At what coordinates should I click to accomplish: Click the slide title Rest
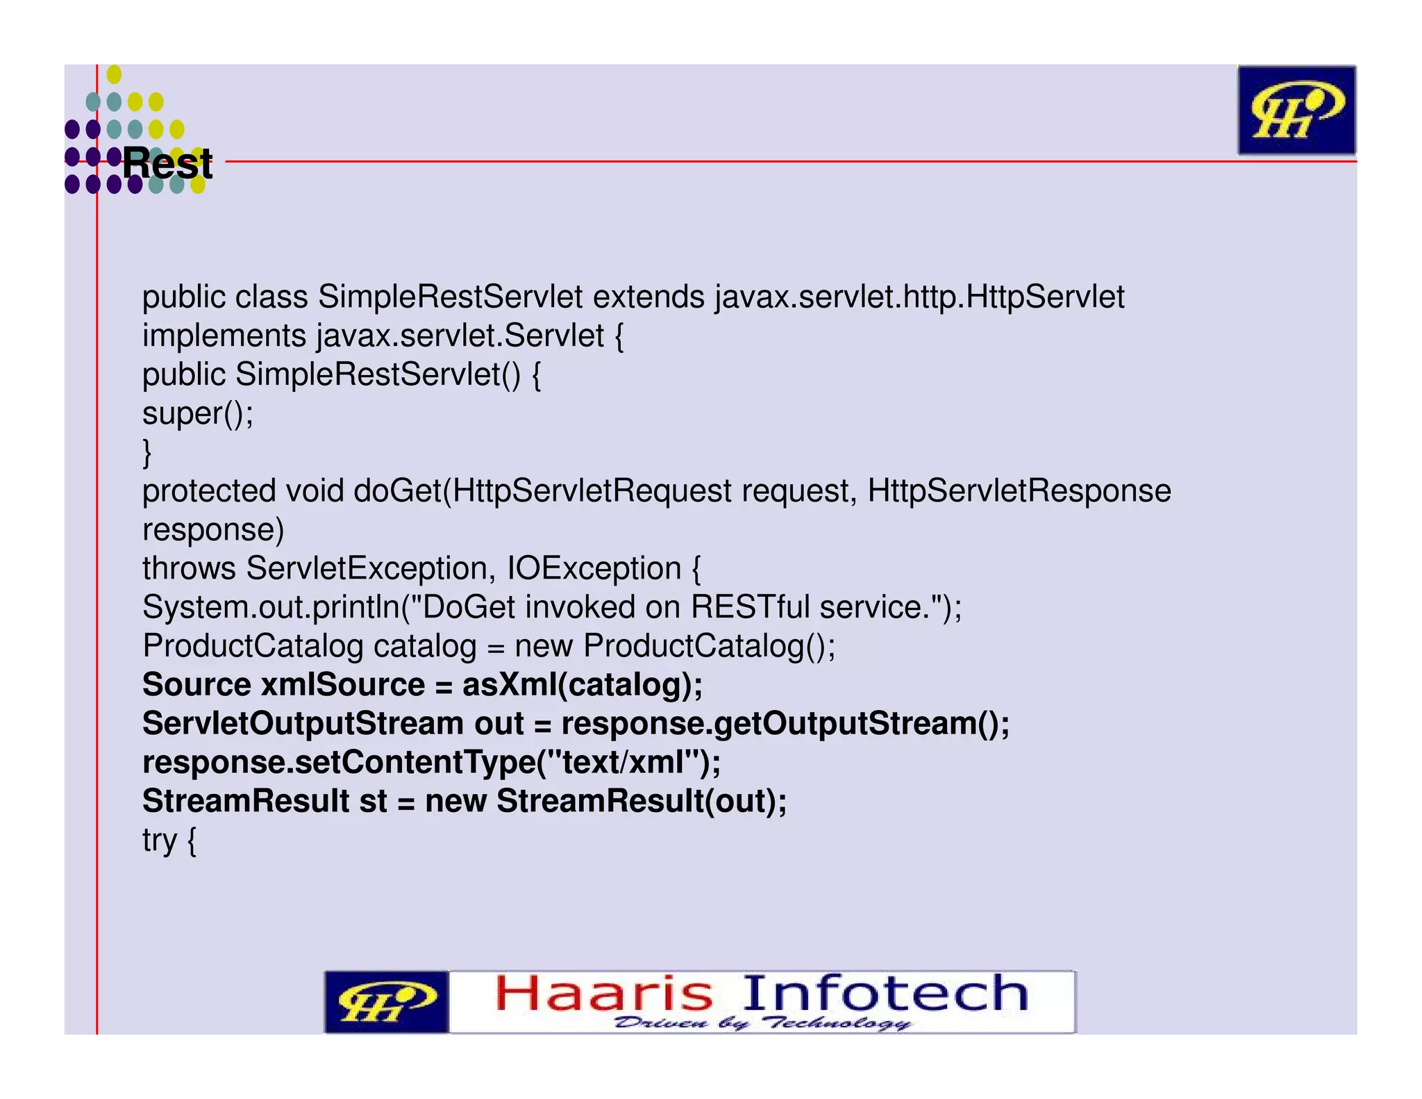pos(167,164)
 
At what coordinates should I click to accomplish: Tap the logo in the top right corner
pos(1296,110)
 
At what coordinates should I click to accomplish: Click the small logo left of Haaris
pos(386,1002)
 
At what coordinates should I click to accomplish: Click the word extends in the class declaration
pos(649,297)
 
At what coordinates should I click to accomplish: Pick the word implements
pos(224,336)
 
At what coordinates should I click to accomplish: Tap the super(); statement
pos(198,414)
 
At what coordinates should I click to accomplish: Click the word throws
pos(189,569)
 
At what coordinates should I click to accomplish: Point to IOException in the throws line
pos(594,569)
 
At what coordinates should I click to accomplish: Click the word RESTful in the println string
pos(750,608)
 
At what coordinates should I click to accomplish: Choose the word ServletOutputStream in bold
pos(303,724)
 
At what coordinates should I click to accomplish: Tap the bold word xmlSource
pos(342,685)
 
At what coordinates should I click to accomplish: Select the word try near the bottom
pos(159,841)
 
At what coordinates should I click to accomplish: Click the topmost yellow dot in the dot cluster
pos(115,74)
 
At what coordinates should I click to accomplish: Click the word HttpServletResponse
pos(1019,491)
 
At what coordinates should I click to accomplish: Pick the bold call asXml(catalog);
pos(583,685)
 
